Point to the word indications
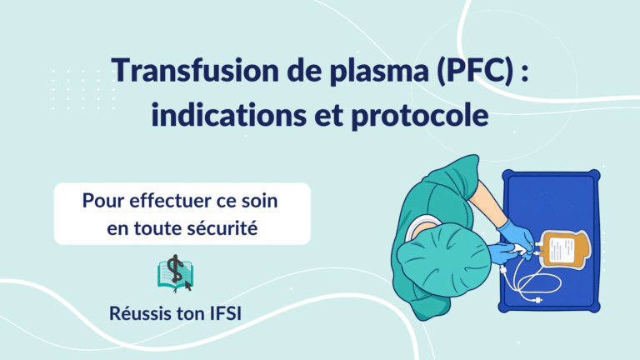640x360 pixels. (x=228, y=114)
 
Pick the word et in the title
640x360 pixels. (x=328, y=116)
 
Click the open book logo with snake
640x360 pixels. (x=175, y=273)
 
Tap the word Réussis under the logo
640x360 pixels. (x=140, y=313)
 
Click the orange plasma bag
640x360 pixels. (x=564, y=249)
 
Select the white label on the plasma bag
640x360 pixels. (x=562, y=250)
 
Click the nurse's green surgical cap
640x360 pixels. (x=443, y=259)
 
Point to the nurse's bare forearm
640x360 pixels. (x=487, y=202)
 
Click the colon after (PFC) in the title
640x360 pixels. (x=525, y=72)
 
